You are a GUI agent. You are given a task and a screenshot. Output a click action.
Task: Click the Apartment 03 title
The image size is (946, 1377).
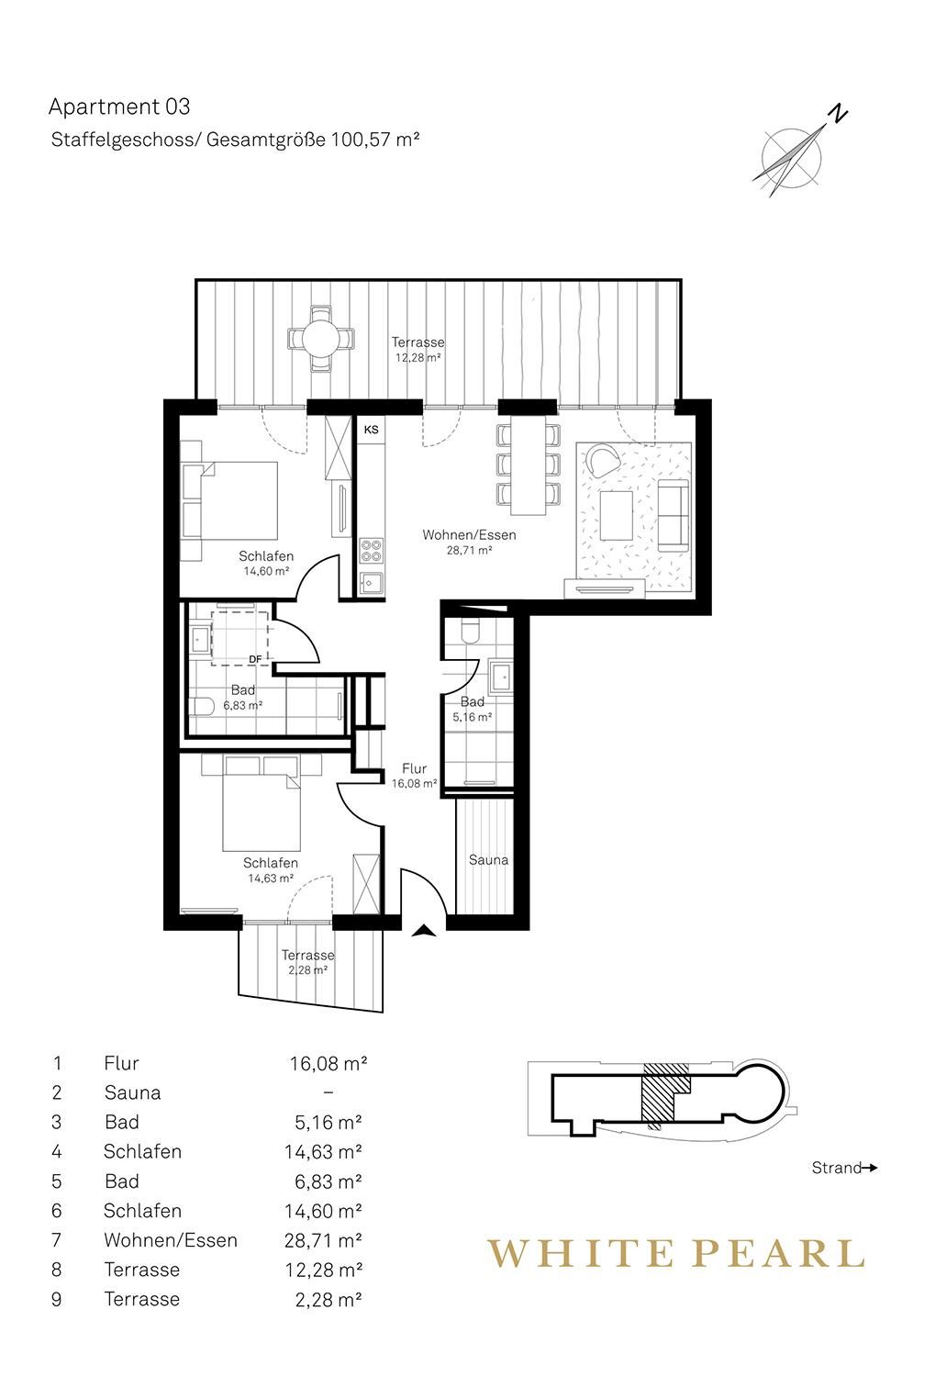pyautogui.click(x=119, y=107)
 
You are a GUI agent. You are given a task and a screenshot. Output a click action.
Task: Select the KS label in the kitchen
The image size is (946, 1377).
pyautogui.click(x=371, y=430)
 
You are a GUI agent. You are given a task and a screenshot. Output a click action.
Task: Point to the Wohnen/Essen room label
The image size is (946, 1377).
pyautogui.click(x=469, y=535)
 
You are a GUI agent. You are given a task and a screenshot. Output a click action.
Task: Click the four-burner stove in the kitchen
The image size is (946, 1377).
pyautogui.click(x=371, y=550)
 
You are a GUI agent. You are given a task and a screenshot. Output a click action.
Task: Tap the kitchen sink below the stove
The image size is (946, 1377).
pyautogui.click(x=371, y=583)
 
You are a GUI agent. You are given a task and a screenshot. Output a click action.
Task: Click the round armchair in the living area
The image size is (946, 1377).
pyautogui.click(x=603, y=459)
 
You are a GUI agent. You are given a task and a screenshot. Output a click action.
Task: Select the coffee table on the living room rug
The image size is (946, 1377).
pyautogui.click(x=616, y=515)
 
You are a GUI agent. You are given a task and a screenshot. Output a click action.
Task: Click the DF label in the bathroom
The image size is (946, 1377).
pyautogui.click(x=255, y=660)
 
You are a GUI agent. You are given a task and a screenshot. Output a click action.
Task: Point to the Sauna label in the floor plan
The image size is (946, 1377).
pyautogui.click(x=488, y=860)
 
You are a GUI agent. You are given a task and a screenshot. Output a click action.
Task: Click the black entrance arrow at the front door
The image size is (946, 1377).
pyautogui.click(x=424, y=931)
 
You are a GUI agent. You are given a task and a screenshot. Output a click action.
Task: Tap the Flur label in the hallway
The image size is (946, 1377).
pyautogui.click(x=414, y=768)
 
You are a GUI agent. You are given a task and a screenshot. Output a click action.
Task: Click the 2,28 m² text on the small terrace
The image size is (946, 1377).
pyautogui.click(x=307, y=970)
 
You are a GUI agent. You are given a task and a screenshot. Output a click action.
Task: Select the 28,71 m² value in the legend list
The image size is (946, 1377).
pyautogui.click(x=323, y=1240)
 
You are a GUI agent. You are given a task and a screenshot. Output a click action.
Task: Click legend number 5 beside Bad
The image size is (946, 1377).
pyautogui.click(x=57, y=1181)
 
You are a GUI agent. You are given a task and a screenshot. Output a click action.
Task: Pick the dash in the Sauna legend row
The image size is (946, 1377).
pyautogui.click(x=328, y=1092)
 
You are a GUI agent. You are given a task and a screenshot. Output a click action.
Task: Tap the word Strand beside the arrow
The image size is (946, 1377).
pyautogui.click(x=836, y=1168)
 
